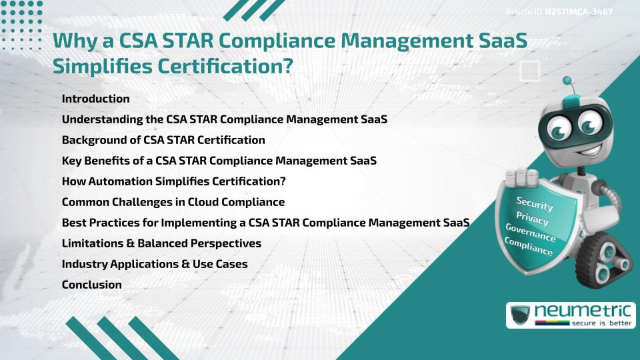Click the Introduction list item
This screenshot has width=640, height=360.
[x=95, y=99]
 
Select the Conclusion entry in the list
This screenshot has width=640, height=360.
[x=91, y=285]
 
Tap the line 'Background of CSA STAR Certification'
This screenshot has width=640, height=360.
[x=163, y=140]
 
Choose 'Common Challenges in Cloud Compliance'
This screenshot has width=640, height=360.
[x=173, y=202]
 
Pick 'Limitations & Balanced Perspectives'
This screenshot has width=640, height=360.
[x=161, y=243]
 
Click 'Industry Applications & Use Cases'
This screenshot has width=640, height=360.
[x=155, y=264]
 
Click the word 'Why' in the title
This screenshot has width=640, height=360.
[x=72, y=41]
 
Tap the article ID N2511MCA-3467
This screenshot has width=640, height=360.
[x=577, y=12]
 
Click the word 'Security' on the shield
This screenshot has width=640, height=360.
[x=535, y=203]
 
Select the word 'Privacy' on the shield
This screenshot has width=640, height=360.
[x=532, y=218]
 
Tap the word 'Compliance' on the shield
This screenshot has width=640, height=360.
[x=529, y=247]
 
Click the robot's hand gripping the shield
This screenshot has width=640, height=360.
[x=523, y=179]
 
